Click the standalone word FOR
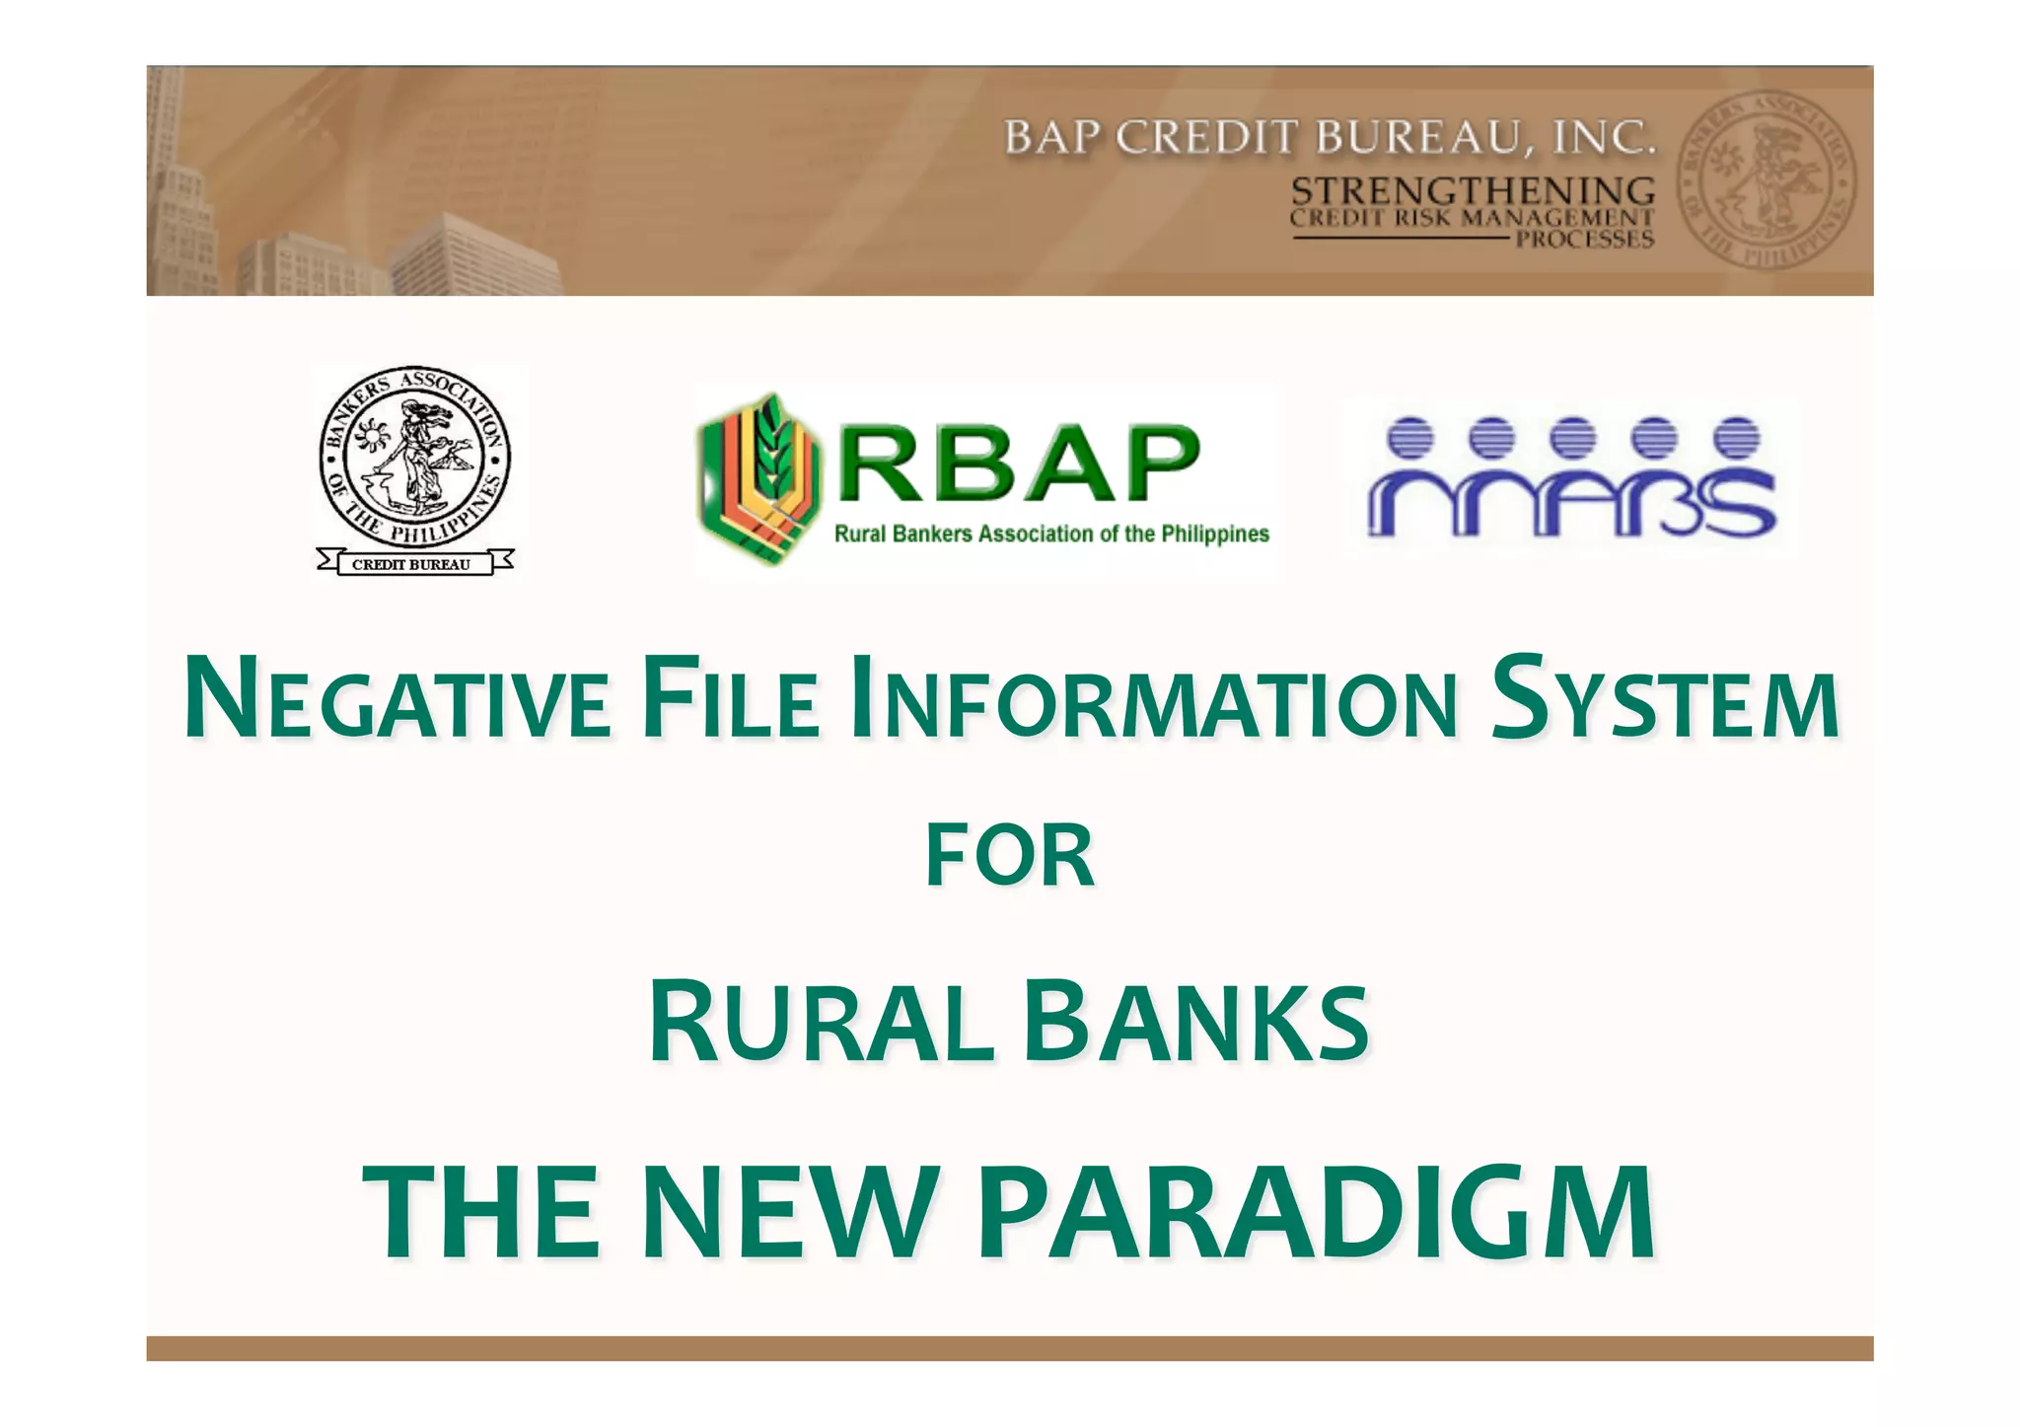click(x=1010, y=856)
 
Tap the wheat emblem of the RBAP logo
click(x=757, y=479)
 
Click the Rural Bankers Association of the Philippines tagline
click(x=1051, y=535)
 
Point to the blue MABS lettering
click(x=1571, y=502)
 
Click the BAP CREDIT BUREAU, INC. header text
click(x=1329, y=139)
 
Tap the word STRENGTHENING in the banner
click(x=1473, y=190)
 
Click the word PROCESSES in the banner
click(x=1584, y=240)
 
